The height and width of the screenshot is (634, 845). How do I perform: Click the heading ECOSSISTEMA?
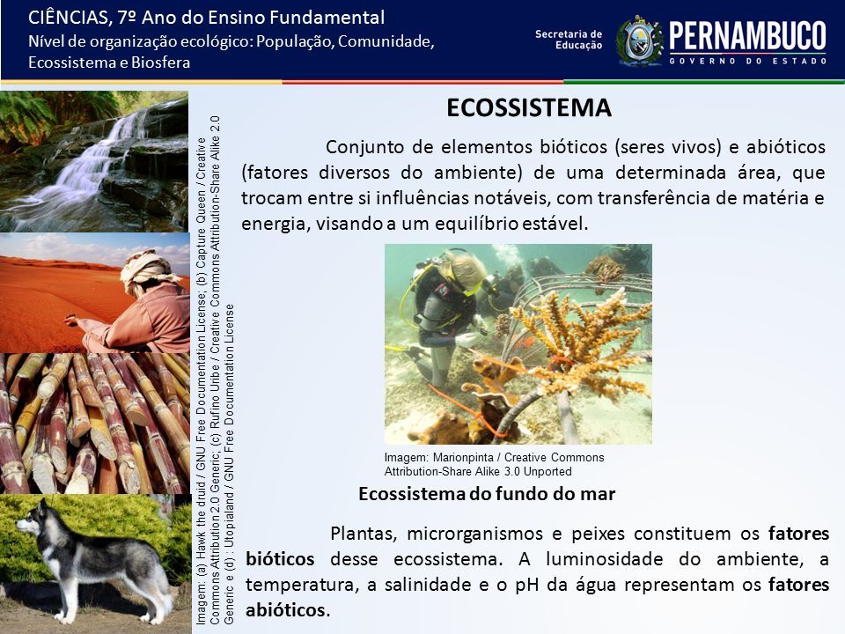coord(529,107)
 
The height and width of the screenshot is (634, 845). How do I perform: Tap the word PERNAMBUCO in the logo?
coord(747,36)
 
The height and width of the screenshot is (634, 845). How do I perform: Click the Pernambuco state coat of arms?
coord(639,41)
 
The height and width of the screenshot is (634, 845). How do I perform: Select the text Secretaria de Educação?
coord(569,40)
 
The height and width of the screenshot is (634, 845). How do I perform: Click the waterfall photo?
coord(94,161)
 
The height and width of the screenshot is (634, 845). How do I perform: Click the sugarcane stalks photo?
coord(95,424)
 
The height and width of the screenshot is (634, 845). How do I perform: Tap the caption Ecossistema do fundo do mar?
coord(487,494)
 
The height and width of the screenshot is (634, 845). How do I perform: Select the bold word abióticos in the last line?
coord(285,609)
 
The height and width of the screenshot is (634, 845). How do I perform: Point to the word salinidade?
coord(428,585)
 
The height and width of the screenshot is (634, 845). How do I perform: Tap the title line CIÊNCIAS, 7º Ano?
coord(206,18)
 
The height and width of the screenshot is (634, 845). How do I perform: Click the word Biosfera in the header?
coord(160,63)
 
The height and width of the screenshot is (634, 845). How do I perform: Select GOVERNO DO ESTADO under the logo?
coord(747,61)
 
